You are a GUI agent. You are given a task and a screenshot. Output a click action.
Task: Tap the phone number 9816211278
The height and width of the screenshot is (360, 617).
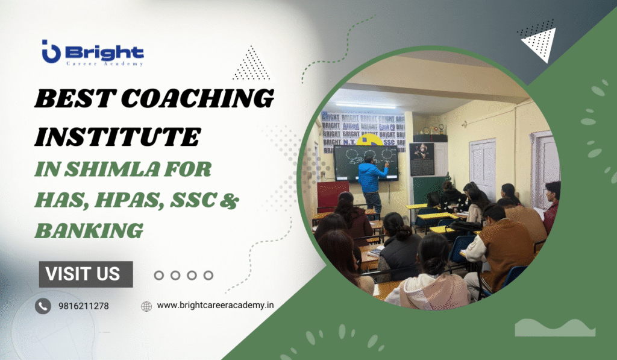[83, 306]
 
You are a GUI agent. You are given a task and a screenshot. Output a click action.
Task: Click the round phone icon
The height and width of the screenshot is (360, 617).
[43, 306]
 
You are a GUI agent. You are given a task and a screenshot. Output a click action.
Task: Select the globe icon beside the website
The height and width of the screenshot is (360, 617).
[146, 306]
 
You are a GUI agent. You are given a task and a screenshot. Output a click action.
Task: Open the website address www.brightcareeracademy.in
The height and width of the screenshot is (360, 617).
[215, 306]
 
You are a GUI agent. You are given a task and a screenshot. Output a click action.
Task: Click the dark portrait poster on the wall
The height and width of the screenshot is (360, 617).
[421, 159]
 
